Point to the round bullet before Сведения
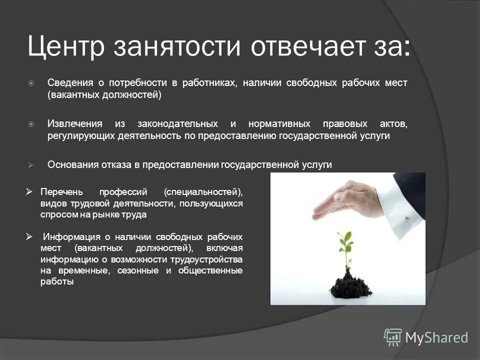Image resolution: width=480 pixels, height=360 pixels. [x=31, y=83]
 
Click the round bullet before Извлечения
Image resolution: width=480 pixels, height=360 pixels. [x=31, y=123]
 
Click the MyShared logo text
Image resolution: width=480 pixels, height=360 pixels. [x=436, y=337]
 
